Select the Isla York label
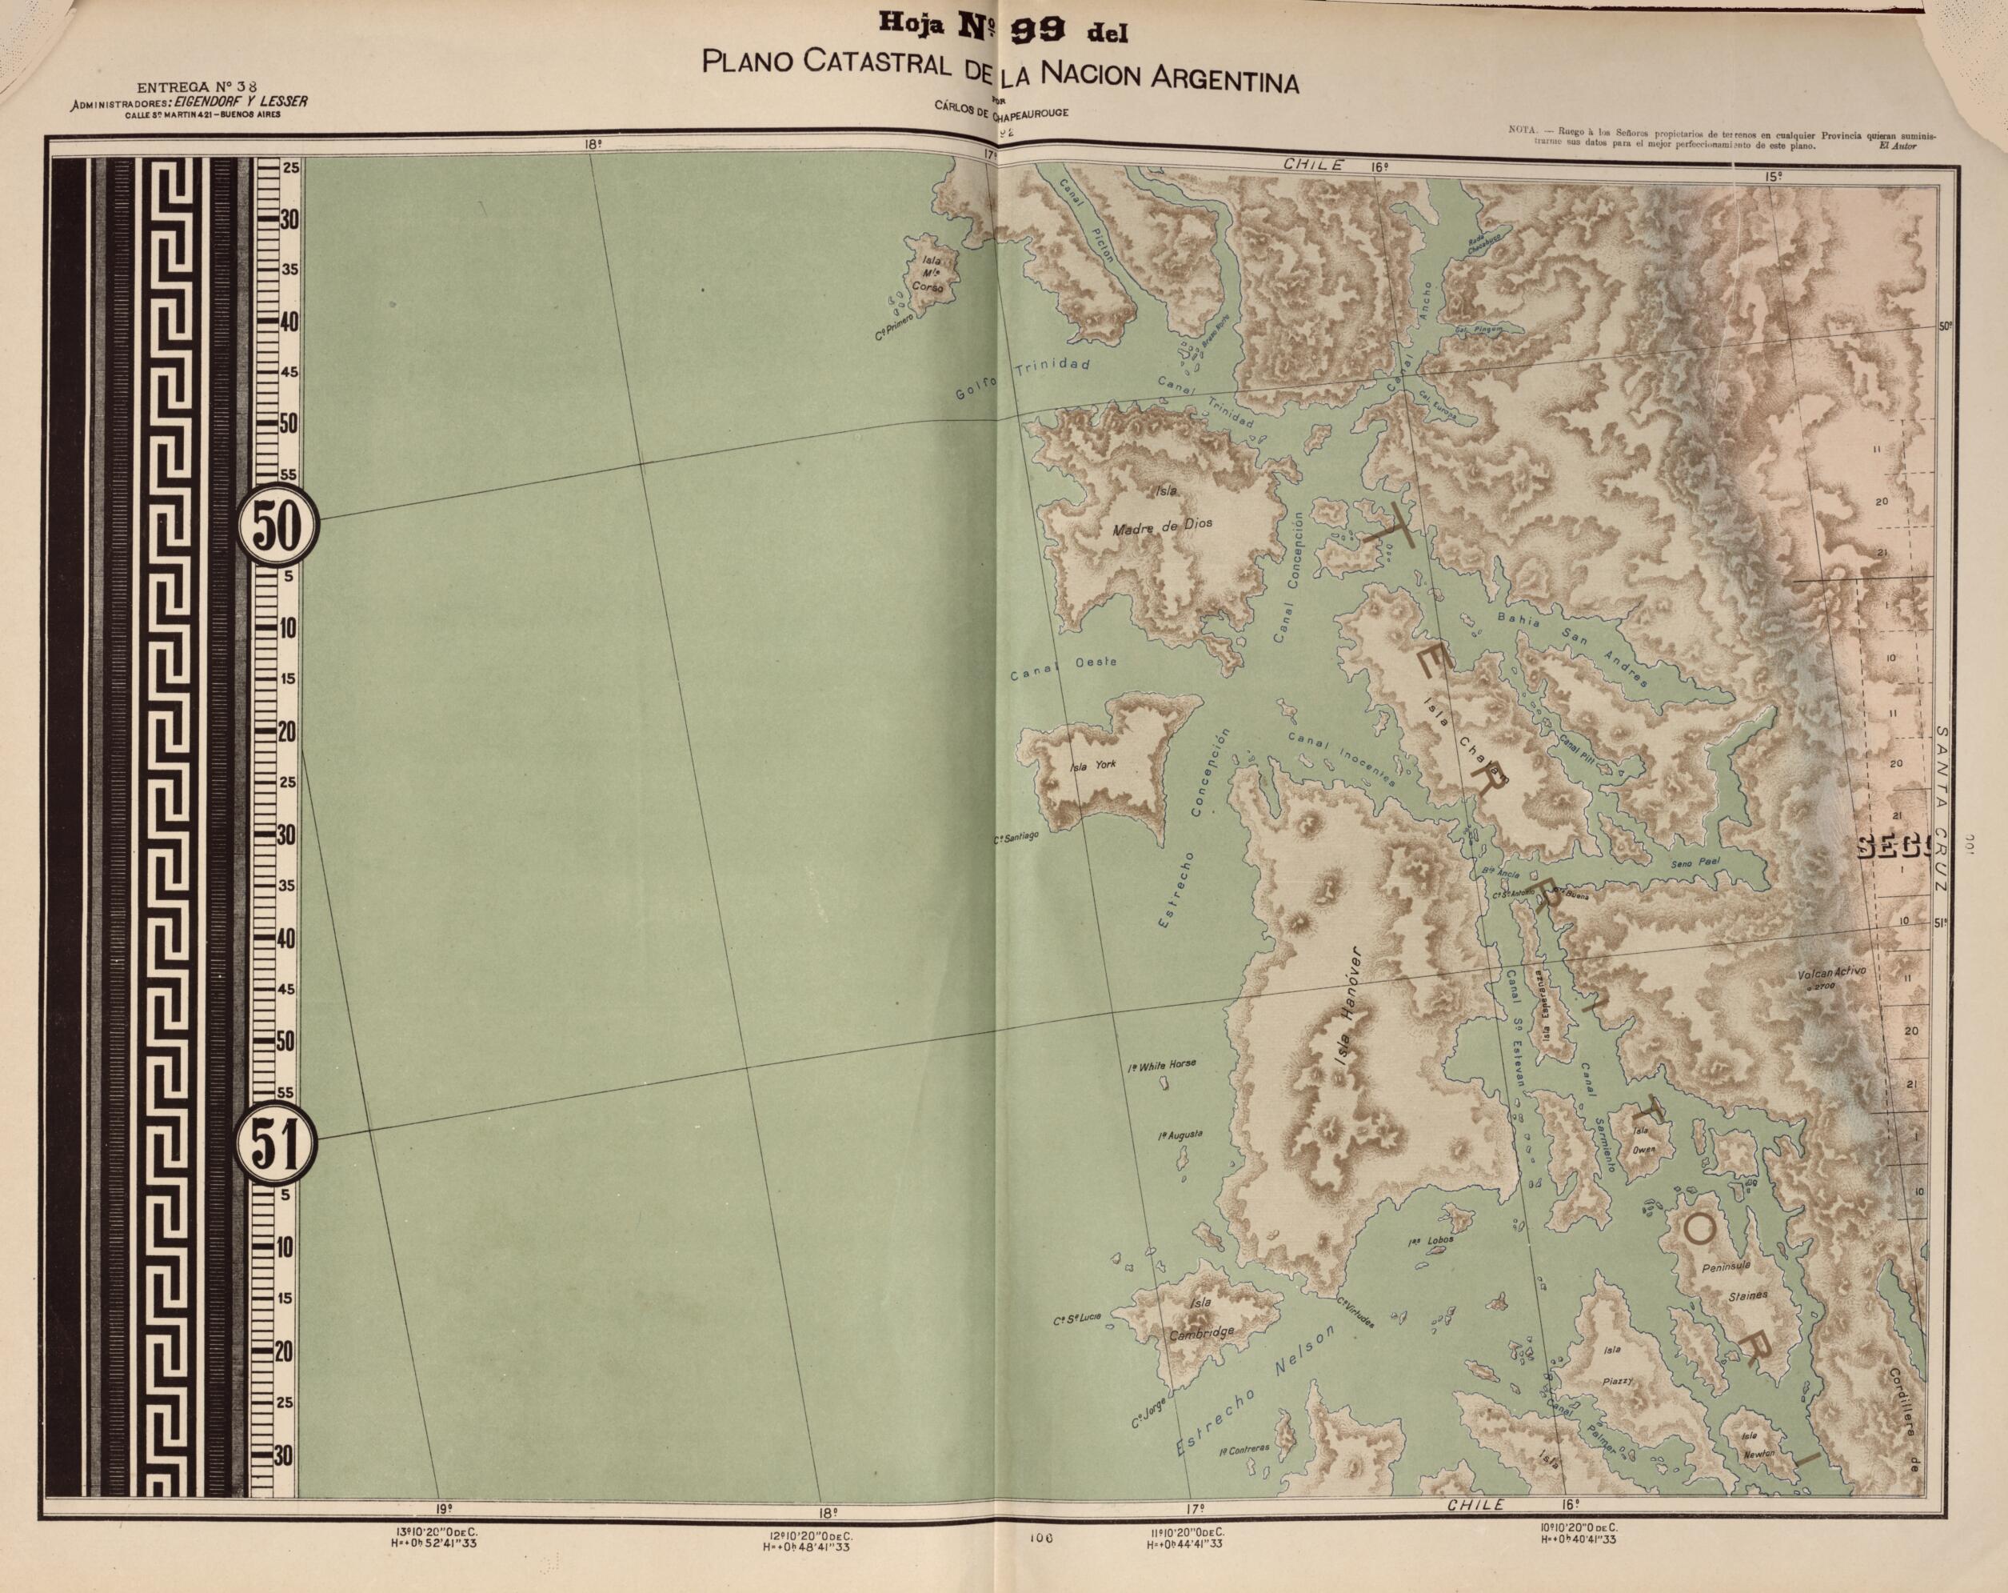1092,765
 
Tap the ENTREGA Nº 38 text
182,86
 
